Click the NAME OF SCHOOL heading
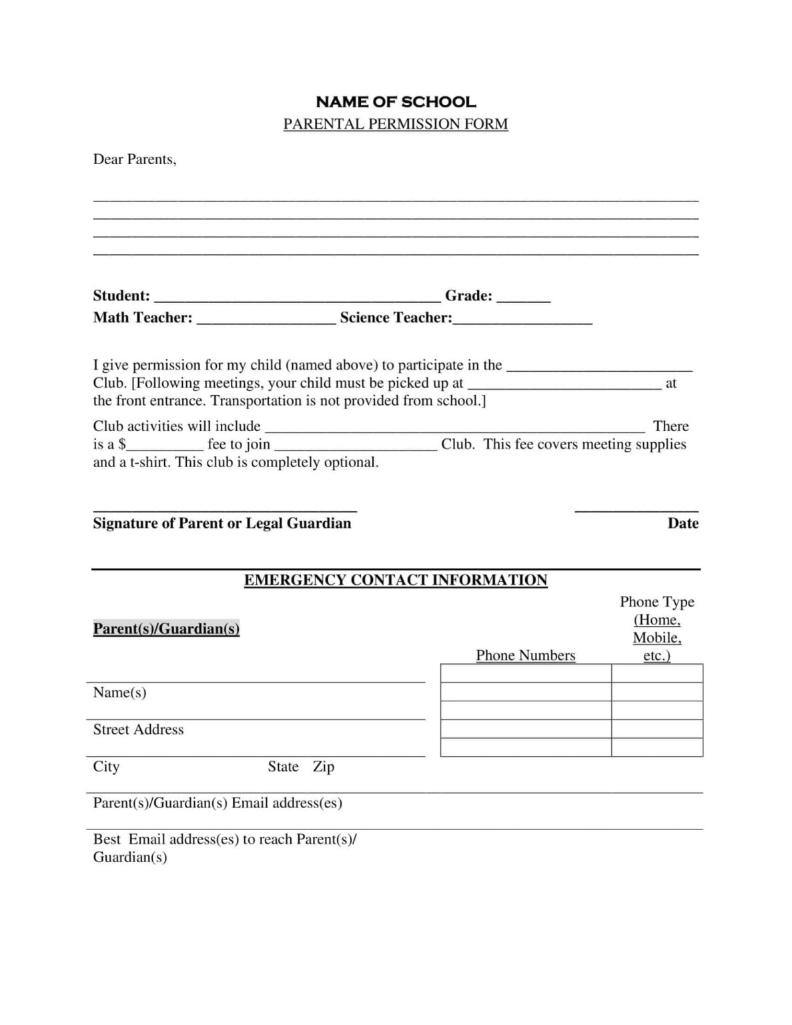396,102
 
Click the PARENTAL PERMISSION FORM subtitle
396,124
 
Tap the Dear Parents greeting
135,159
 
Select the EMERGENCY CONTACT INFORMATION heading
396,581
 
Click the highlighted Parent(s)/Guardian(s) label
166,629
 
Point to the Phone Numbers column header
526,655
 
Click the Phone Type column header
657,629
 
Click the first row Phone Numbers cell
526,673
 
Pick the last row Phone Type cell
657,747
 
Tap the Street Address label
138,729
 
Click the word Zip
324,767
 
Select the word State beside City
283,767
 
